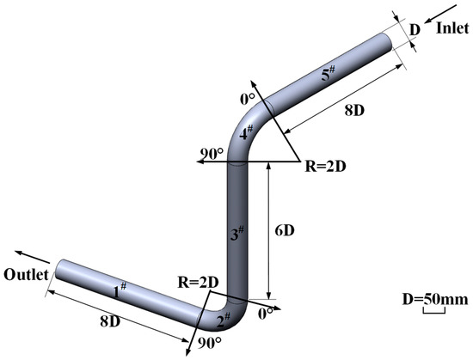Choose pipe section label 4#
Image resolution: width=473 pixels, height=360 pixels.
(246, 134)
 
